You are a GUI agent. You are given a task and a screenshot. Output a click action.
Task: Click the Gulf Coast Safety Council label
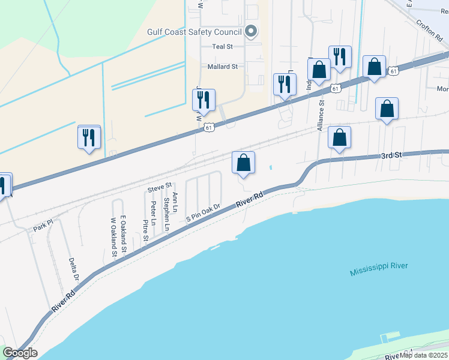[194, 32]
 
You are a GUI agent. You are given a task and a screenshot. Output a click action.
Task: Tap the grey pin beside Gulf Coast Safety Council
[252, 31]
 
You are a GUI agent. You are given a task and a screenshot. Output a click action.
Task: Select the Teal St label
[221, 46]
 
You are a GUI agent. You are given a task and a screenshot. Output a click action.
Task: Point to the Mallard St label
[223, 67]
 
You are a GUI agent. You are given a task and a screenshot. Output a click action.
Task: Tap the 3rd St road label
[390, 155]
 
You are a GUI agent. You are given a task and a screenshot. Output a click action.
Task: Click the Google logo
[20, 353]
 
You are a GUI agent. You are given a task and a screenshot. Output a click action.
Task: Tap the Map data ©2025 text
[424, 355]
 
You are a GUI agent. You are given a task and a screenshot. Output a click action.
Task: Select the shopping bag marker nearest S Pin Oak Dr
[243, 163]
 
